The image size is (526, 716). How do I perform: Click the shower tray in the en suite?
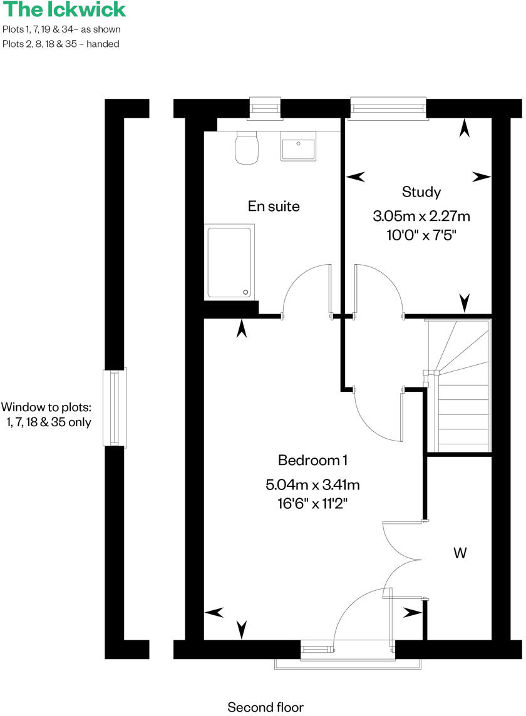(x=230, y=262)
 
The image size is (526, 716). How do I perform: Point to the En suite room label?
(x=274, y=206)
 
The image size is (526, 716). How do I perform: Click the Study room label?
(x=421, y=192)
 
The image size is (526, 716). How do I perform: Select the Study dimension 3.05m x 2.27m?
(x=421, y=217)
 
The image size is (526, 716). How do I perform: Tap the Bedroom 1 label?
(x=312, y=461)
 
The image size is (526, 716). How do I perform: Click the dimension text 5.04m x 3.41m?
(x=312, y=484)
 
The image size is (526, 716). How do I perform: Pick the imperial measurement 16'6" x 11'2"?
(x=312, y=503)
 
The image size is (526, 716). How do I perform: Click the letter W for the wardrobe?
(x=460, y=553)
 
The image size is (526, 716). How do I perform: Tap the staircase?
(x=458, y=385)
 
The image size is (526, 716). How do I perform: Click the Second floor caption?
(x=266, y=708)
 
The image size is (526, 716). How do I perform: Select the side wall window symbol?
(x=115, y=407)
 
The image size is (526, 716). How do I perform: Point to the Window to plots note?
(x=47, y=414)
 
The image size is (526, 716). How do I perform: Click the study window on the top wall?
(x=388, y=108)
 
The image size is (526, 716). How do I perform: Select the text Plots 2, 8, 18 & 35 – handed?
(x=61, y=44)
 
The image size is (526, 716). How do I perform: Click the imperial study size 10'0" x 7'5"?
(x=421, y=237)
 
